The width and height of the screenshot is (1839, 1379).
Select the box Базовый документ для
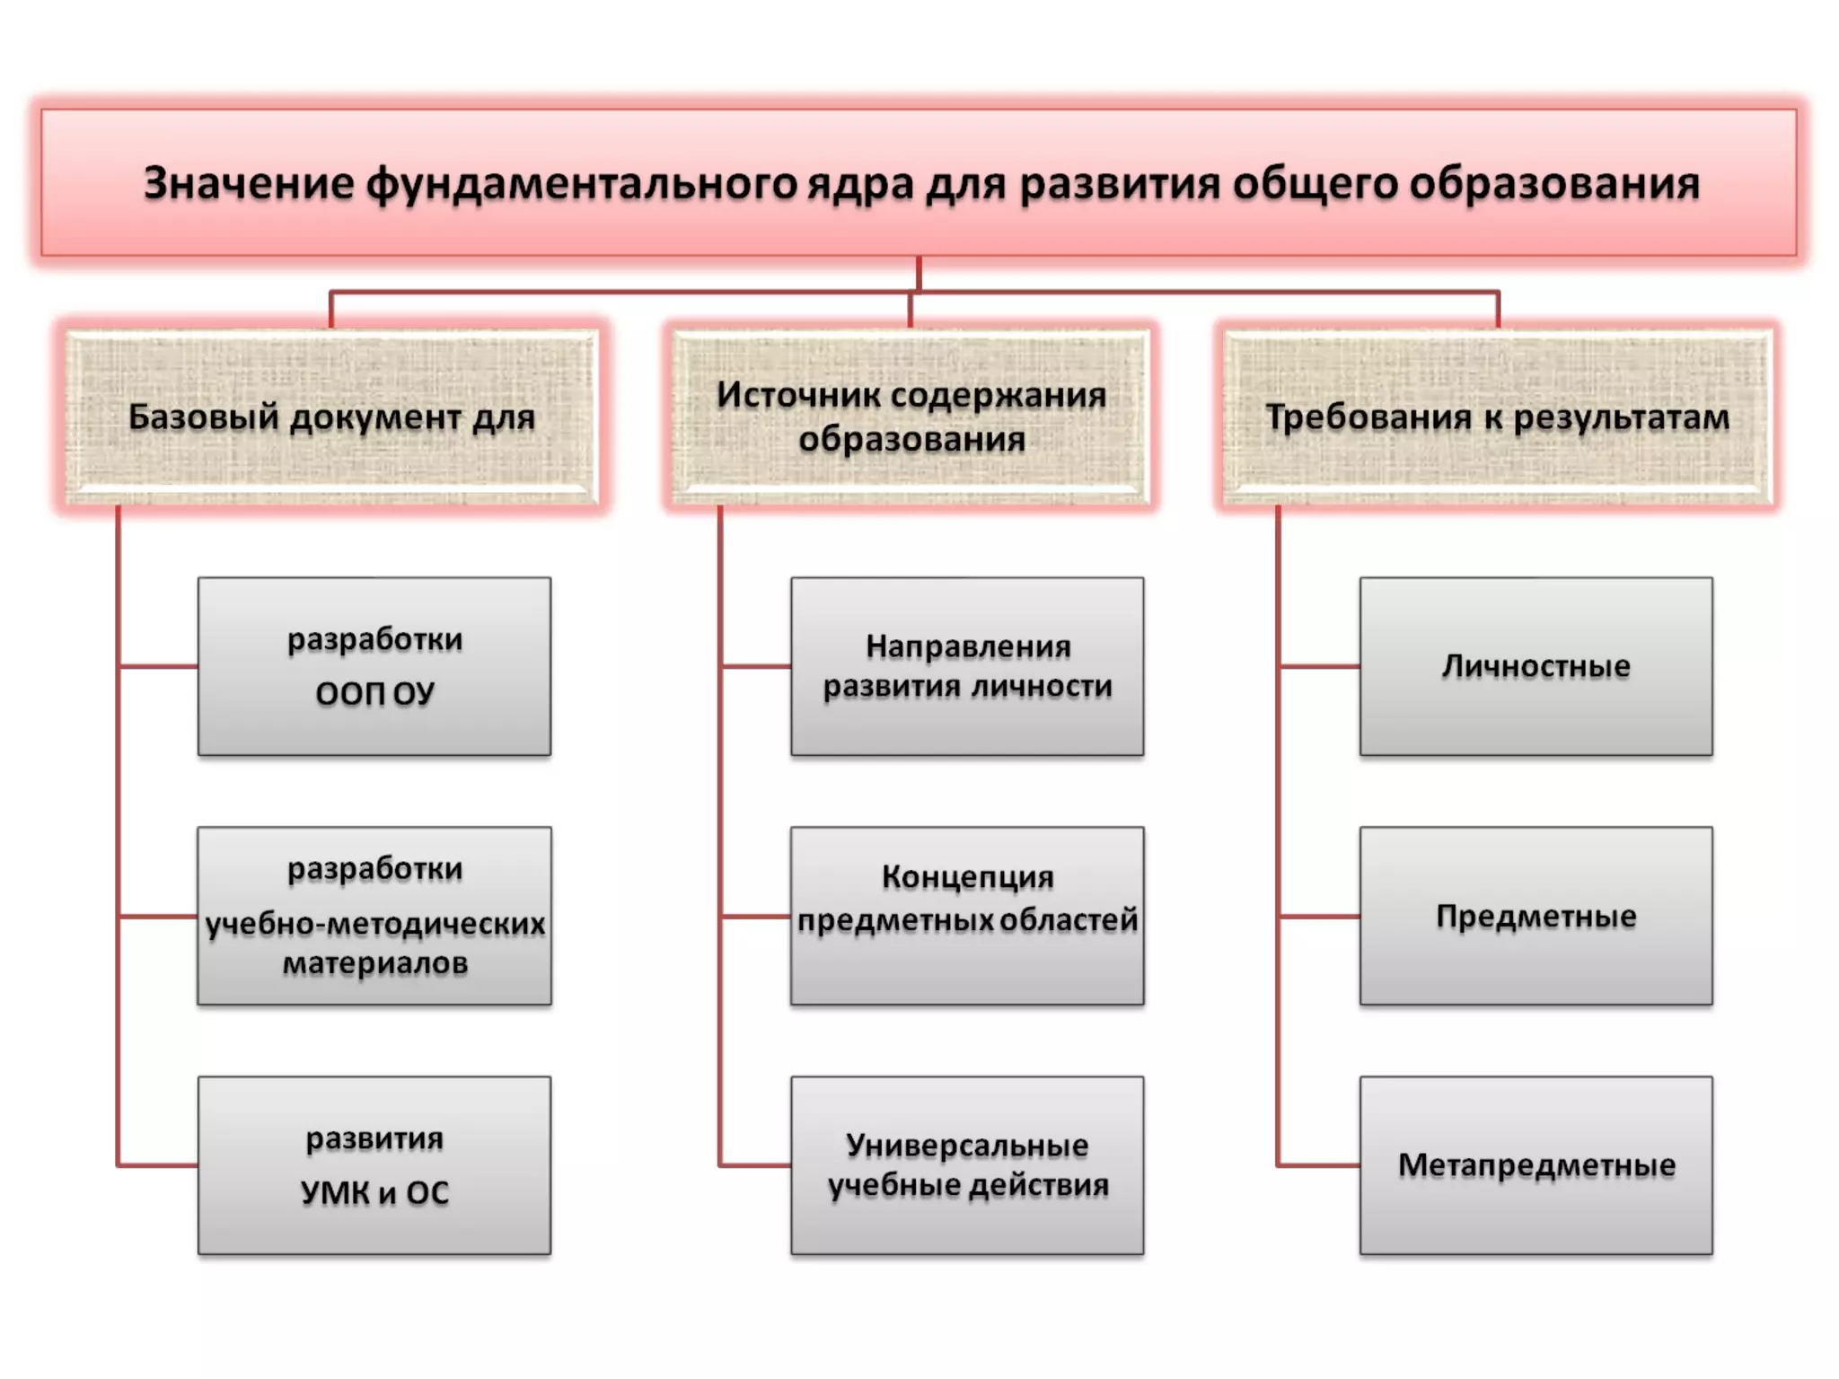coord(331,417)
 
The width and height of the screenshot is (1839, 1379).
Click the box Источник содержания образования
coord(911,417)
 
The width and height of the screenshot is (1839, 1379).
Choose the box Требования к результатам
coord(1497,417)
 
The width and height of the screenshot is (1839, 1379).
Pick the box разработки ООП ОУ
coord(374,666)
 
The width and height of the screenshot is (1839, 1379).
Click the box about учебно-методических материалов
coord(374,916)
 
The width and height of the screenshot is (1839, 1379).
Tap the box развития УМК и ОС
coord(374,1165)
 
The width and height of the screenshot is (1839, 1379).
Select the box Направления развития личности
coord(967,666)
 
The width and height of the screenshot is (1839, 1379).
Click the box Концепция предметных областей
coord(967,916)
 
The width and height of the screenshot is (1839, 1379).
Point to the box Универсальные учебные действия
coord(967,1165)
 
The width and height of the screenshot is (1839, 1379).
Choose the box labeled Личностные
coord(1535,666)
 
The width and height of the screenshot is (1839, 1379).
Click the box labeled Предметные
coord(1535,916)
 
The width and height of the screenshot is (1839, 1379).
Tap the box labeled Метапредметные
coord(1535,1165)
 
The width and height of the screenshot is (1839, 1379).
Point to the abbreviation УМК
coord(334,1193)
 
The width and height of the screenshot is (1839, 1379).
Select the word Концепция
coord(967,876)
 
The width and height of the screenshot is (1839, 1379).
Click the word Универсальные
coord(967,1146)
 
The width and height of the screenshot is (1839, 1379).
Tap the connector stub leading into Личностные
coord(1319,667)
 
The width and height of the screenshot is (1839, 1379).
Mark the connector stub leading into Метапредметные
coord(1319,1165)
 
